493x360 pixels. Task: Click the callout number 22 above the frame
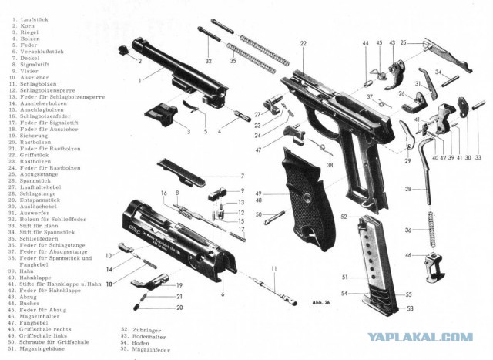pyautogui.click(x=304, y=44)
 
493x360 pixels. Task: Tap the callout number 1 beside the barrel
pyautogui.click(x=139, y=79)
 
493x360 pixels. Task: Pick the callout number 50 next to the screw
pyautogui.click(x=259, y=214)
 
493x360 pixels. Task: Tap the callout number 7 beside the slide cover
pyautogui.click(x=242, y=175)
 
